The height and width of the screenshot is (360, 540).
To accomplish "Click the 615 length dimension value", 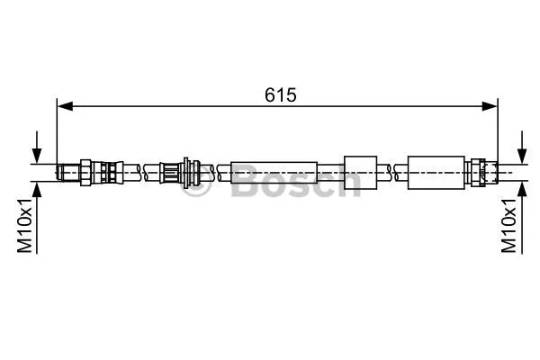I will coord(280,94).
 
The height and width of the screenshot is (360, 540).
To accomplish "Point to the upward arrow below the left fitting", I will coord(36,191).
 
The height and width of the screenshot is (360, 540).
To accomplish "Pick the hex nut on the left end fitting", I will coord(85,171).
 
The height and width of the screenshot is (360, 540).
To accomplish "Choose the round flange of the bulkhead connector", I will coord(190,171).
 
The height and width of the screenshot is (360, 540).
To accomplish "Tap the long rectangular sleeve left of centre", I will coord(274,172).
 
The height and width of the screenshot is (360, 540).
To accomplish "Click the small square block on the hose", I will coord(359,171).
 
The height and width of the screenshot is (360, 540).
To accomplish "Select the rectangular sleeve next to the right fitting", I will coord(437,172).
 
